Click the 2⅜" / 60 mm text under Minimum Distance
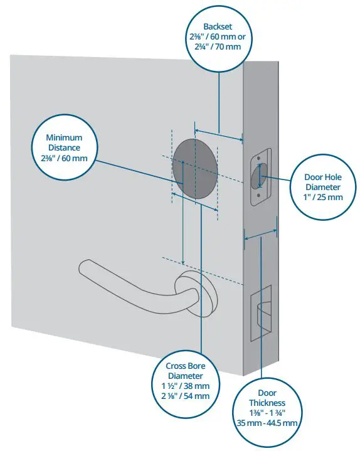click(x=65, y=159)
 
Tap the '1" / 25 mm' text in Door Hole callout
click(x=322, y=197)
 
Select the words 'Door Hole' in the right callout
click(x=322, y=177)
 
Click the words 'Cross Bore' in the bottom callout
click(x=186, y=365)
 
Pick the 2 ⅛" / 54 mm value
click(x=186, y=396)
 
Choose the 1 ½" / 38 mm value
click(x=186, y=386)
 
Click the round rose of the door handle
click(x=198, y=288)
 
